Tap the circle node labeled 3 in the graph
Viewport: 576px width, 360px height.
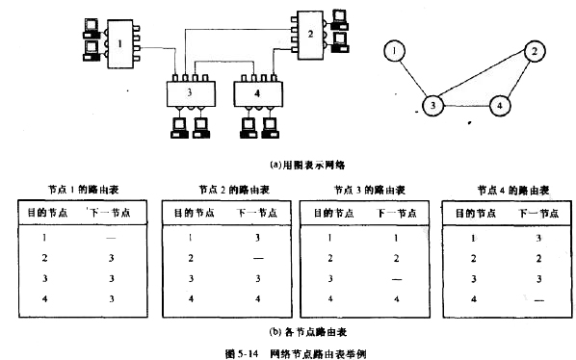(x=435, y=104)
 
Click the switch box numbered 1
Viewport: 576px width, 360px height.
(x=117, y=43)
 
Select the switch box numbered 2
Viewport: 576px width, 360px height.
(x=310, y=32)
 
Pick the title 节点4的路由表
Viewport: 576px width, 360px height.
(x=507, y=190)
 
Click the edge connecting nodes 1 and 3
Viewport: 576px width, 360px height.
(x=417, y=77)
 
